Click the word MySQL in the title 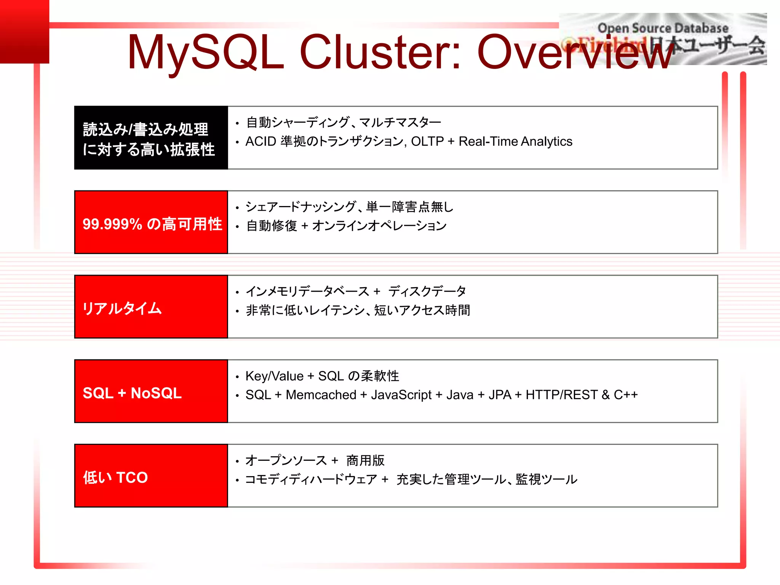pyautogui.click(x=206, y=53)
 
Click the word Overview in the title pyautogui.click(x=575, y=53)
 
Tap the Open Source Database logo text pyautogui.click(x=663, y=28)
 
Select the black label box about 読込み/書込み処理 pyautogui.click(x=151, y=138)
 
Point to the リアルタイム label pyautogui.click(x=122, y=308)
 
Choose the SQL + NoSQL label pyautogui.click(x=132, y=393)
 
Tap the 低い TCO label pyautogui.click(x=115, y=478)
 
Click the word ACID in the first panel pyautogui.click(x=261, y=142)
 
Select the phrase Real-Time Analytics pyautogui.click(x=515, y=142)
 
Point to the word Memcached pyautogui.click(x=321, y=395)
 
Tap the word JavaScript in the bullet pyautogui.click(x=401, y=395)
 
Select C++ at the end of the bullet pyautogui.click(x=625, y=395)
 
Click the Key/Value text pyautogui.click(x=274, y=376)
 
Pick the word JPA pyautogui.click(x=500, y=395)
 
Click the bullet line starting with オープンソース pyautogui.click(x=315, y=461)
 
